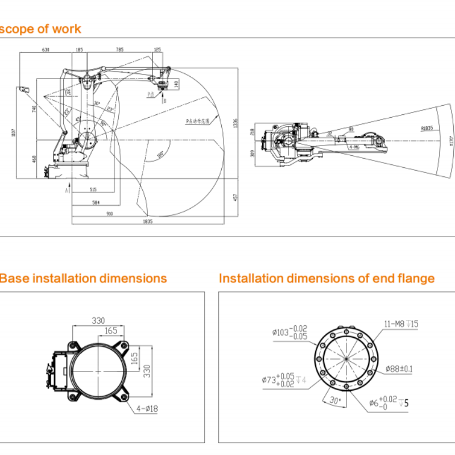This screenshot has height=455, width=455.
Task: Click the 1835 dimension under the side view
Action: click(x=148, y=221)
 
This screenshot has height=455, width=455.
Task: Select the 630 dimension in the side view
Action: click(x=45, y=50)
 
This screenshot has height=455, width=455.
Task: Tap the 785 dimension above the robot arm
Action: click(x=119, y=50)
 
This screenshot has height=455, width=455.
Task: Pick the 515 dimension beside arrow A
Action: click(x=93, y=189)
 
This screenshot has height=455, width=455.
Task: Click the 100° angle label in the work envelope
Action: click(x=160, y=154)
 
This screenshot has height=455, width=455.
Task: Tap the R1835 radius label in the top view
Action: click(x=427, y=129)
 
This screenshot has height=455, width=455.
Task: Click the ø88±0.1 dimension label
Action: click(x=399, y=369)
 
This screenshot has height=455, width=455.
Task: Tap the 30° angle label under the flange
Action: click(x=335, y=400)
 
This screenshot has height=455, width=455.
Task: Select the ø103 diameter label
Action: click(x=290, y=332)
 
